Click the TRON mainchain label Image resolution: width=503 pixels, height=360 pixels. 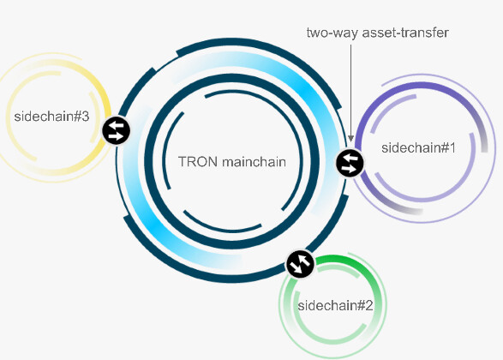(x=232, y=162)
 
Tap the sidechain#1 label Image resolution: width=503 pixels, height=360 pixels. (x=418, y=148)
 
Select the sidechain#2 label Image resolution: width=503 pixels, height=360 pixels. (x=335, y=305)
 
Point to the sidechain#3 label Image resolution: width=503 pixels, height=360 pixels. (x=51, y=117)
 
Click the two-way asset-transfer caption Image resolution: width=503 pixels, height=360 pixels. (x=378, y=33)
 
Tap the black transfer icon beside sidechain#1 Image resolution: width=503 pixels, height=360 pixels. (x=350, y=163)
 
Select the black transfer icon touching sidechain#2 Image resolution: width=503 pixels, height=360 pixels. (x=300, y=264)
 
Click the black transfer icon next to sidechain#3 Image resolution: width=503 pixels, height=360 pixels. (x=117, y=130)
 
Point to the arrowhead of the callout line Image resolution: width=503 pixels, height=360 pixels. (x=351, y=138)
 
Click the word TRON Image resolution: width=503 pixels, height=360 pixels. (x=198, y=162)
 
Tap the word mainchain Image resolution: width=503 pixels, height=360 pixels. (x=254, y=162)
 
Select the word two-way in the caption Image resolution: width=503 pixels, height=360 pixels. (x=332, y=33)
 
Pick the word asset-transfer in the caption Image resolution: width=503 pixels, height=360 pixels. (x=405, y=33)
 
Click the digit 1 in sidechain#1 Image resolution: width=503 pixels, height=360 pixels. (x=452, y=148)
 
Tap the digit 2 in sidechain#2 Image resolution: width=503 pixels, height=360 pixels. (x=369, y=305)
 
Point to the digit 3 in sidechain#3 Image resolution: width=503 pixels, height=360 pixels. (x=86, y=117)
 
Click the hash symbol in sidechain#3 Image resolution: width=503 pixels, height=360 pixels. (x=77, y=117)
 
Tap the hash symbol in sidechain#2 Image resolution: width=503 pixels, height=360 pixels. (x=361, y=305)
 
